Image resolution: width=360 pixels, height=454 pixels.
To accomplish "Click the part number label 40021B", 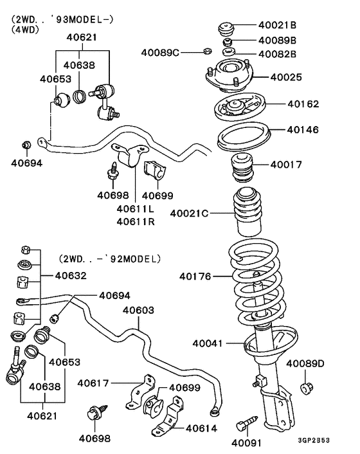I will [278, 26].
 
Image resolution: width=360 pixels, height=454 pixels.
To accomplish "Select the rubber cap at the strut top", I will [226, 30].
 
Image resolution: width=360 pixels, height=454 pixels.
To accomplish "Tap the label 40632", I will [71, 276].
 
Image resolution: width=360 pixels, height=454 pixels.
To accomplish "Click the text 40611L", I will [136, 208].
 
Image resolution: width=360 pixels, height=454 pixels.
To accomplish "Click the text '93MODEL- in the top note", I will [85, 19].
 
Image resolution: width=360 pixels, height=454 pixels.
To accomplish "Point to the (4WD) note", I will [26, 29].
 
